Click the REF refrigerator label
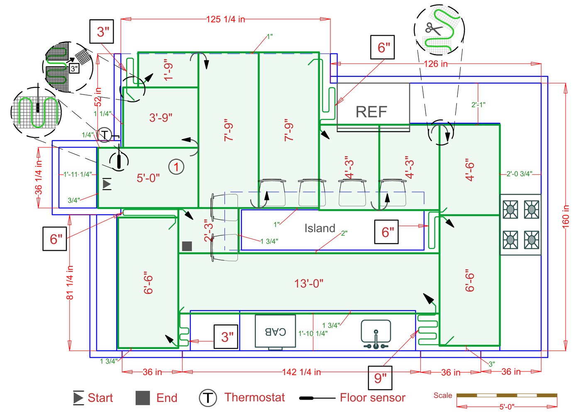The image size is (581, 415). click(x=371, y=112)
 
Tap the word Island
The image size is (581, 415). click(x=320, y=228)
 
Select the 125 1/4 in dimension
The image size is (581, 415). click(x=225, y=19)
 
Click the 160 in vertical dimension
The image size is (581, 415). click(x=566, y=216)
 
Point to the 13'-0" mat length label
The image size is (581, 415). click(x=309, y=283)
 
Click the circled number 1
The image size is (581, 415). click(x=176, y=167)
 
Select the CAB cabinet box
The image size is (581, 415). click(x=275, y=331)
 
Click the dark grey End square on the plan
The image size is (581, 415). click(x=187, y=246)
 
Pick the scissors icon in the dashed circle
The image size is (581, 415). click(x=434, y=29)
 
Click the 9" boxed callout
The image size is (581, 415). click(x=380, y=378)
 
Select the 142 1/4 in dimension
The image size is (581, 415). click(x=301, y=372)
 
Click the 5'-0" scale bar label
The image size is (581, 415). click(x=506, y=407)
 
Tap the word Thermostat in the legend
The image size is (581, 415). click(x=254, y=398)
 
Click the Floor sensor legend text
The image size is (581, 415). click(x=372, y=398)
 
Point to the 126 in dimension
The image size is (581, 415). click(x=436, y=64)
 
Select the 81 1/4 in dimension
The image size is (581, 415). click(x=70, y=282)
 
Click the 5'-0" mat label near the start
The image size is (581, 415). click(x=148, y=178)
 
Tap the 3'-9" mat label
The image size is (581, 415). click(x=161, y=117)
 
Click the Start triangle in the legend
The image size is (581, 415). click(x=78, y=398)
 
